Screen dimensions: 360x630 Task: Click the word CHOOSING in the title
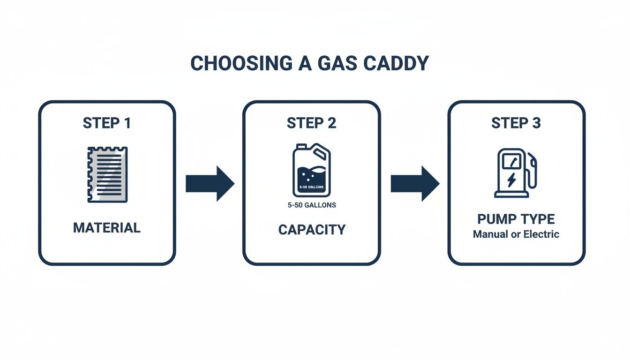[237, 64]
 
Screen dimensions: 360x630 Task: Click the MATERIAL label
[106, 228]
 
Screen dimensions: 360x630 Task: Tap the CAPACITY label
[311, 230]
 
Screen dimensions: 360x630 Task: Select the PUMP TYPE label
[516, 219]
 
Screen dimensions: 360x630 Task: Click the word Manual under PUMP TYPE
[490, 234]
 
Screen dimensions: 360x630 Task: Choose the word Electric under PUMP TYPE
[540, 234]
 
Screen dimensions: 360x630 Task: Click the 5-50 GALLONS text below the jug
[311, 205]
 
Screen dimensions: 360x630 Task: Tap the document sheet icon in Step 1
[107, 174]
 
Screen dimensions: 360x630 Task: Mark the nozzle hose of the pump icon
[533, 173]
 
